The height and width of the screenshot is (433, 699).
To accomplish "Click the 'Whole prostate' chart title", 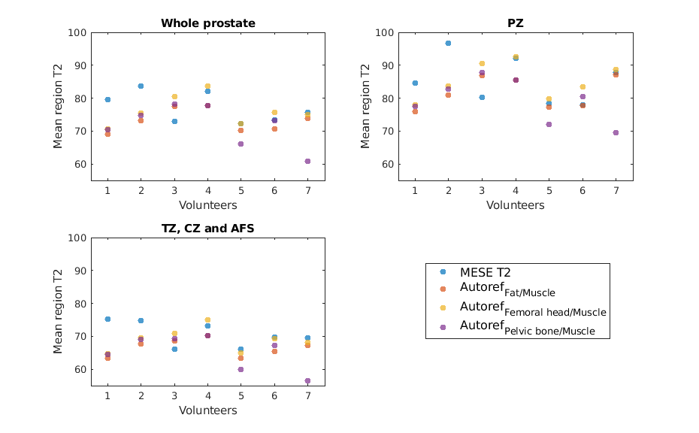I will [207, 23].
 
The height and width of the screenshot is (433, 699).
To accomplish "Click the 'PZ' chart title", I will [516, 23].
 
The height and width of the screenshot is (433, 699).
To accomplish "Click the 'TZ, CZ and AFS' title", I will [207, 229].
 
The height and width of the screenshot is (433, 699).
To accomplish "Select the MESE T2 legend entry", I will [491, 271].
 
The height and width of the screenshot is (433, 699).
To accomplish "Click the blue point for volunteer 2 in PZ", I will [448, 43].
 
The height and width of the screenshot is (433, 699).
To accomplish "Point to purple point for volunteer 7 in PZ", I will [616, 132].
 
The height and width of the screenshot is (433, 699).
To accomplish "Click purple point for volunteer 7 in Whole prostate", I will [307, 161].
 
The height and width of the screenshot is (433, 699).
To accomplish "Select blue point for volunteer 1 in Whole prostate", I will [107, 99].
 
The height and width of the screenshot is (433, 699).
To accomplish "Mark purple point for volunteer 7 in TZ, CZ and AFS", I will [307, 380].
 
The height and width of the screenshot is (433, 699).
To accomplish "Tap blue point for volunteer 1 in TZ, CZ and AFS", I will [107, 319].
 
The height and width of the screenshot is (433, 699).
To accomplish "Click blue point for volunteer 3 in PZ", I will [481, 97].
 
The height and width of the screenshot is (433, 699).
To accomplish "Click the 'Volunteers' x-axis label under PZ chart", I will [516, 204].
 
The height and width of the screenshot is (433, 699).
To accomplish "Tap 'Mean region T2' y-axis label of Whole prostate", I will [58, 106].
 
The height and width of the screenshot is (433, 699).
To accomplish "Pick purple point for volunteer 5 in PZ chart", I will [549, 124].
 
